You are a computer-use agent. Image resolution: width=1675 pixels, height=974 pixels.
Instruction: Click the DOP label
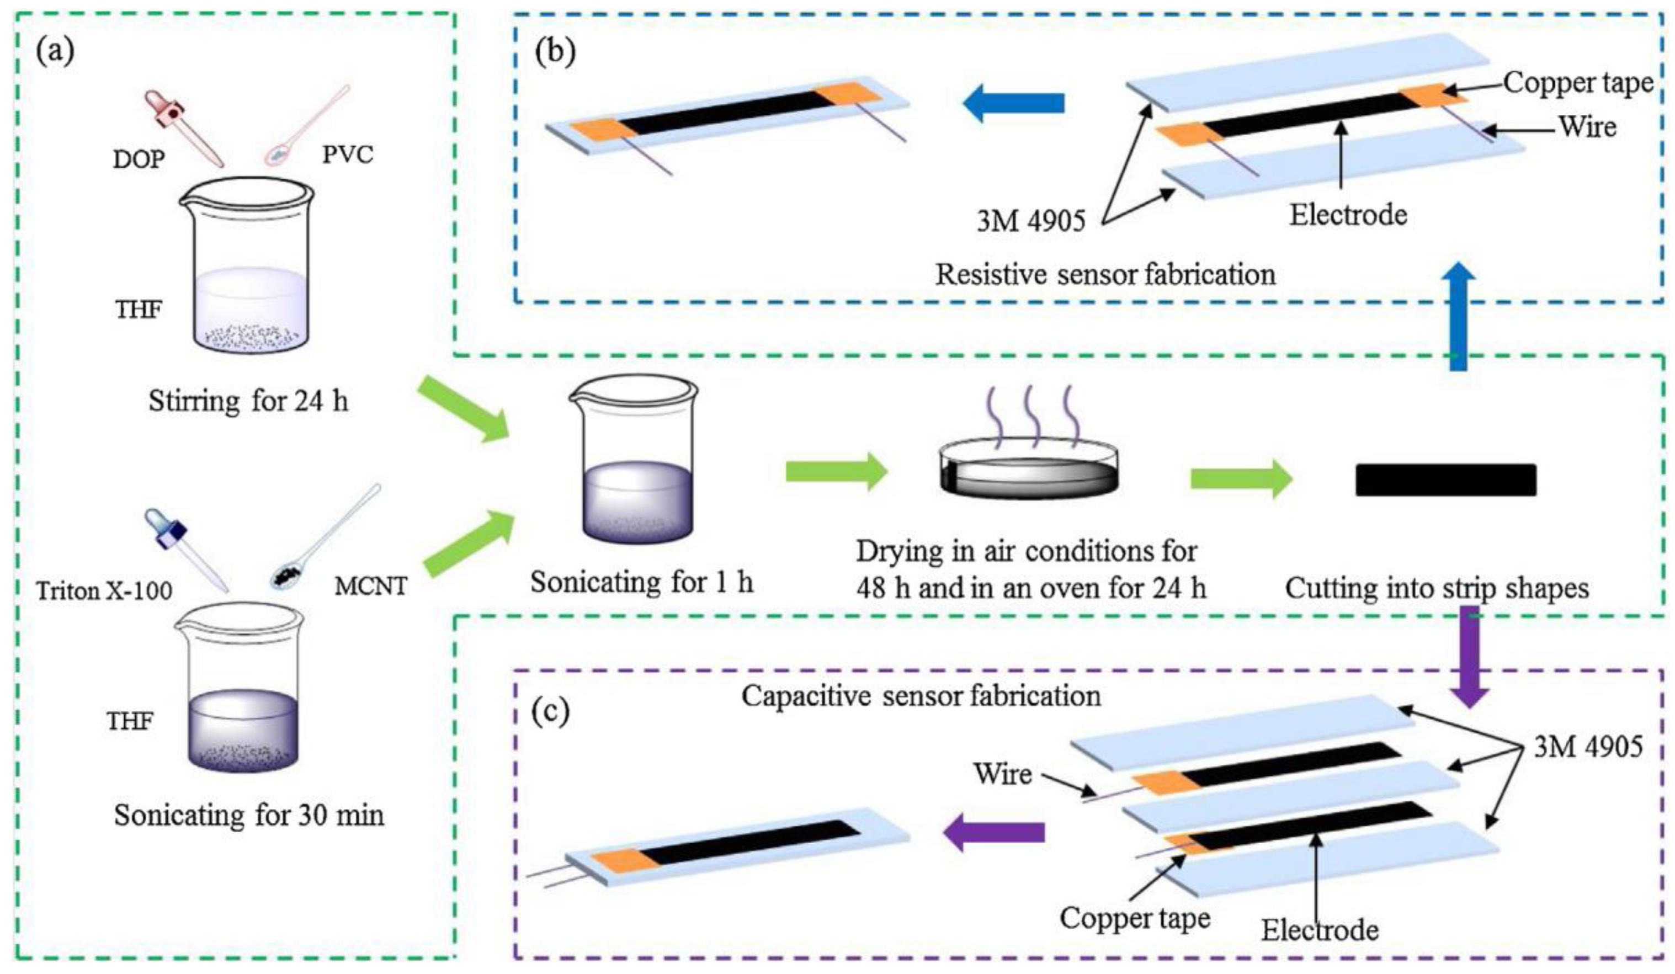pos(139,159)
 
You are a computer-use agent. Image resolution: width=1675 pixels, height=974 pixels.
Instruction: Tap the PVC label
pos(348,155)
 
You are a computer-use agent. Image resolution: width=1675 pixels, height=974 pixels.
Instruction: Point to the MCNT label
pos(370,586)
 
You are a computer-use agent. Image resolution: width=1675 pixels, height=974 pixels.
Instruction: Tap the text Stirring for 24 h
pos(248,401)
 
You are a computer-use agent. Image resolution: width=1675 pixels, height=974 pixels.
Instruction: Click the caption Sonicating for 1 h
pos(641,582)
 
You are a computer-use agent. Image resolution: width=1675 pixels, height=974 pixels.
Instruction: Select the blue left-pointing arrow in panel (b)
pos(1014,104)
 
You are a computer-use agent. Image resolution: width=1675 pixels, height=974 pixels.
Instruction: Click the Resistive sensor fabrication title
pos(1105,274)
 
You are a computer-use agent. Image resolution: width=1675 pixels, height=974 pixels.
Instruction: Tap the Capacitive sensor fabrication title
pos(921,696)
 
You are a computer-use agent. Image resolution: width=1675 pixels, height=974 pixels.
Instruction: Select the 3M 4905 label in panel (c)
pos(1588,747)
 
